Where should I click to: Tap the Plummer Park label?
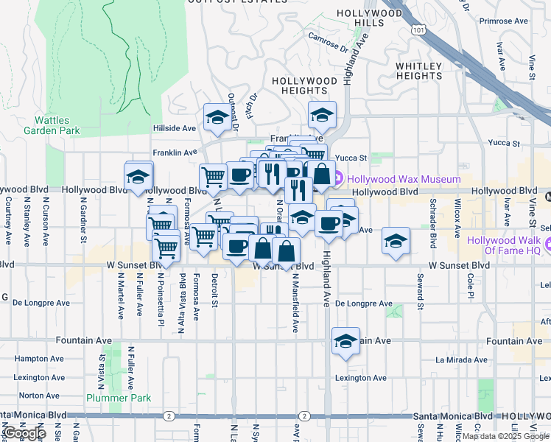(119, 398)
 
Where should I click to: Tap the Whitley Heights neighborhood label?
(419, 71)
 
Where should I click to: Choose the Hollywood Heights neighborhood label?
(304, 85)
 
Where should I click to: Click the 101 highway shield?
(419, 30)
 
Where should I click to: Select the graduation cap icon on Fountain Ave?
(345, 342)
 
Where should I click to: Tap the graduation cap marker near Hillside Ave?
(218, 117)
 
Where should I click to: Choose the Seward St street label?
(420, 291)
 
